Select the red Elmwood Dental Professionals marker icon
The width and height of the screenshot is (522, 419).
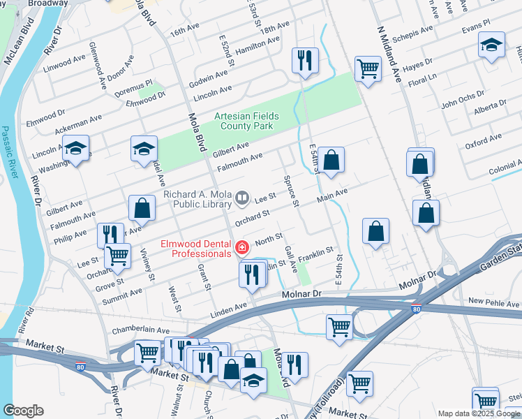242,247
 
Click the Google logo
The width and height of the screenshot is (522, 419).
23,411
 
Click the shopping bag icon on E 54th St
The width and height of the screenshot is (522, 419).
332,160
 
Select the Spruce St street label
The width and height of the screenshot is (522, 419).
291,191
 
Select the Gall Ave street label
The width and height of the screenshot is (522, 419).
291,259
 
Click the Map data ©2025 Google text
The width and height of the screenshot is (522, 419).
477,413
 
